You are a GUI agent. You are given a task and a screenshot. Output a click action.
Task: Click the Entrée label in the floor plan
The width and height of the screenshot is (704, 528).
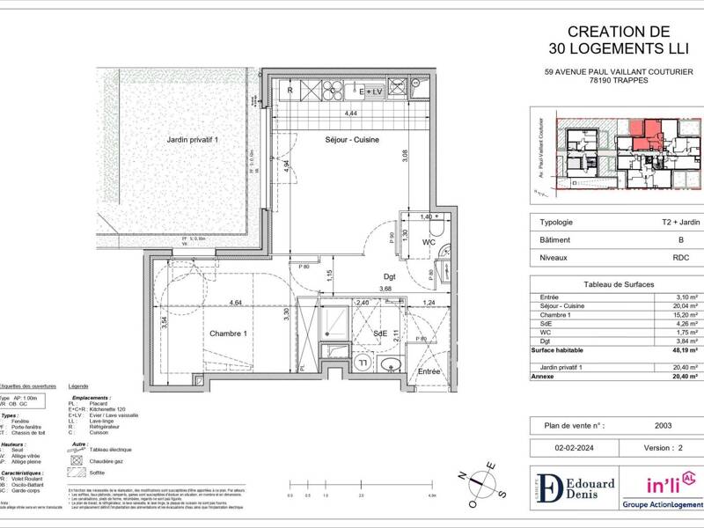[x=429, y=371]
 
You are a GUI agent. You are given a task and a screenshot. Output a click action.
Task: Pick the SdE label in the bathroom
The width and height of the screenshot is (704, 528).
[x=379, y=333]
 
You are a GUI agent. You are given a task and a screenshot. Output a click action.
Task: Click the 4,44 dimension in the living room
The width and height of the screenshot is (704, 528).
[x=350, y=114]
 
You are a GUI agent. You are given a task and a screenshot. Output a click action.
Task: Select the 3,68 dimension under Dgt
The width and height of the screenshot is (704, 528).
[x=385, y=289]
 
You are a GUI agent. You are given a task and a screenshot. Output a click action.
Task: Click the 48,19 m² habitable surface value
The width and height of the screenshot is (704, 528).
[x=683, y=349]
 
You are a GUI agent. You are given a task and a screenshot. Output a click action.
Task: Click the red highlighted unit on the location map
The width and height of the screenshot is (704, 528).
[x=650, y=132]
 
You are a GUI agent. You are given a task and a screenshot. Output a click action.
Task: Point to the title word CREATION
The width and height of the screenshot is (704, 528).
[x=592, y=31]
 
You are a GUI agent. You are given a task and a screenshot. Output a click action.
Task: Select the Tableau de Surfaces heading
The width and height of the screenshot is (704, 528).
[x=616, y=284]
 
